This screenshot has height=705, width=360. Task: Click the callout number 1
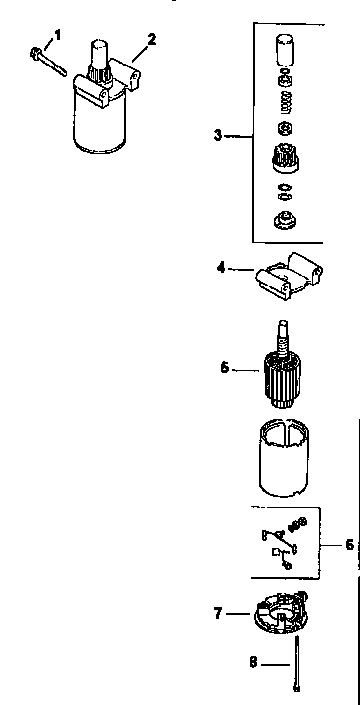click(57, 34)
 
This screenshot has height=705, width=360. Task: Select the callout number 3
click(218, 135)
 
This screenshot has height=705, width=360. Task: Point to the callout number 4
click(222, 265)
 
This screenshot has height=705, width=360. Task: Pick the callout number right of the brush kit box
click(349, 544)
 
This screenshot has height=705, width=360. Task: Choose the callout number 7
click(218, 613)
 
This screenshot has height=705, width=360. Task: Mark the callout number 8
click(253, 662)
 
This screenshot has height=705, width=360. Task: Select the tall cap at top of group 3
click(285, 49)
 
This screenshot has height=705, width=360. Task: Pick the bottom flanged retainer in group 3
click(285, 219)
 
